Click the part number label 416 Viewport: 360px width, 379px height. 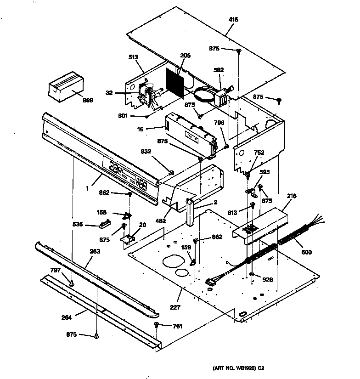click(233, 20)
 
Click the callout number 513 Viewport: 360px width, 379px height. click(133, 58)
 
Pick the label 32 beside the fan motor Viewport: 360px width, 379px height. click(109, 92)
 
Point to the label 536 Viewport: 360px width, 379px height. click(77, 225)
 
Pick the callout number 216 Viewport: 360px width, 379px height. click(292, 196)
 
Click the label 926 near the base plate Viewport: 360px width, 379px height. click(267, 279)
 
